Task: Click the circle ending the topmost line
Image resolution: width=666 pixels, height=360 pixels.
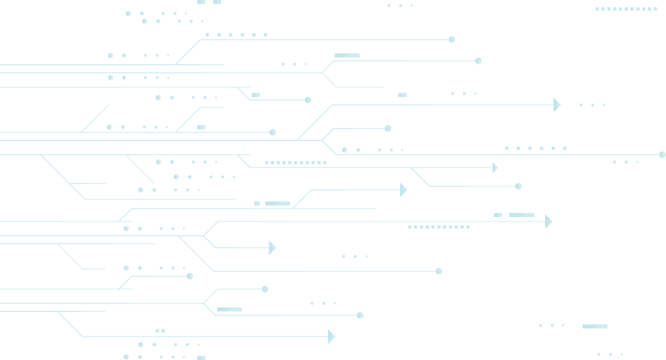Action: coord(452,40)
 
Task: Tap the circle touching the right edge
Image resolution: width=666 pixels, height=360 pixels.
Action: coord(662,155)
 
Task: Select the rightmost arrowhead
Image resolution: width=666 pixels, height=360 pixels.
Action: coord(557,105)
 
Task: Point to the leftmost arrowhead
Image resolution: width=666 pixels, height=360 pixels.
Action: coord(273,248)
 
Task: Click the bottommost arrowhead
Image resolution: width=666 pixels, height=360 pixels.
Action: coord(332,337)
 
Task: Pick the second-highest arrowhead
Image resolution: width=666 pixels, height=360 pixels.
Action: coord(495,168)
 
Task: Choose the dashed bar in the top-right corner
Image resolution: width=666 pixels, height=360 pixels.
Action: coord(626,9)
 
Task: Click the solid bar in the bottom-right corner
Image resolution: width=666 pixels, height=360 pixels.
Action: coord(595,326)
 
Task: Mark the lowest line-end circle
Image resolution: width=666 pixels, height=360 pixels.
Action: coord(360,315)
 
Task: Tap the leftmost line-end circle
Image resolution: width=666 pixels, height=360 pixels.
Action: coord(189,277)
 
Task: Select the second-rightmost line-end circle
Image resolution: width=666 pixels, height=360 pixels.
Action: coord(518,187)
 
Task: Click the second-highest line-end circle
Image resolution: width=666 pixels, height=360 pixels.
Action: coord(478,61)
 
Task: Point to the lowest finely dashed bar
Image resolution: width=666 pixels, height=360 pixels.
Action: coord(438,227)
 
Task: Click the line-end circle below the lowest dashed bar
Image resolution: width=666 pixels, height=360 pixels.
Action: coord(439,272)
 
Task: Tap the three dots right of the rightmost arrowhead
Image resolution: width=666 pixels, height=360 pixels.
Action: coord(592,105)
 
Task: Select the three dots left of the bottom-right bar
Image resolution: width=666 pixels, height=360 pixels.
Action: coord(551,326)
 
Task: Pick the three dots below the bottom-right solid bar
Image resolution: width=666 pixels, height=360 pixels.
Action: coord(609,354)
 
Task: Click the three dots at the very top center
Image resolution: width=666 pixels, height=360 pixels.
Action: coord(400,6)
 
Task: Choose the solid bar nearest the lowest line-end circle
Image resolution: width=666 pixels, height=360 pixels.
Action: coord(229,309)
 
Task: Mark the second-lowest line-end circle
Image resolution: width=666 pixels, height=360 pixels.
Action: coord(265,289)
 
